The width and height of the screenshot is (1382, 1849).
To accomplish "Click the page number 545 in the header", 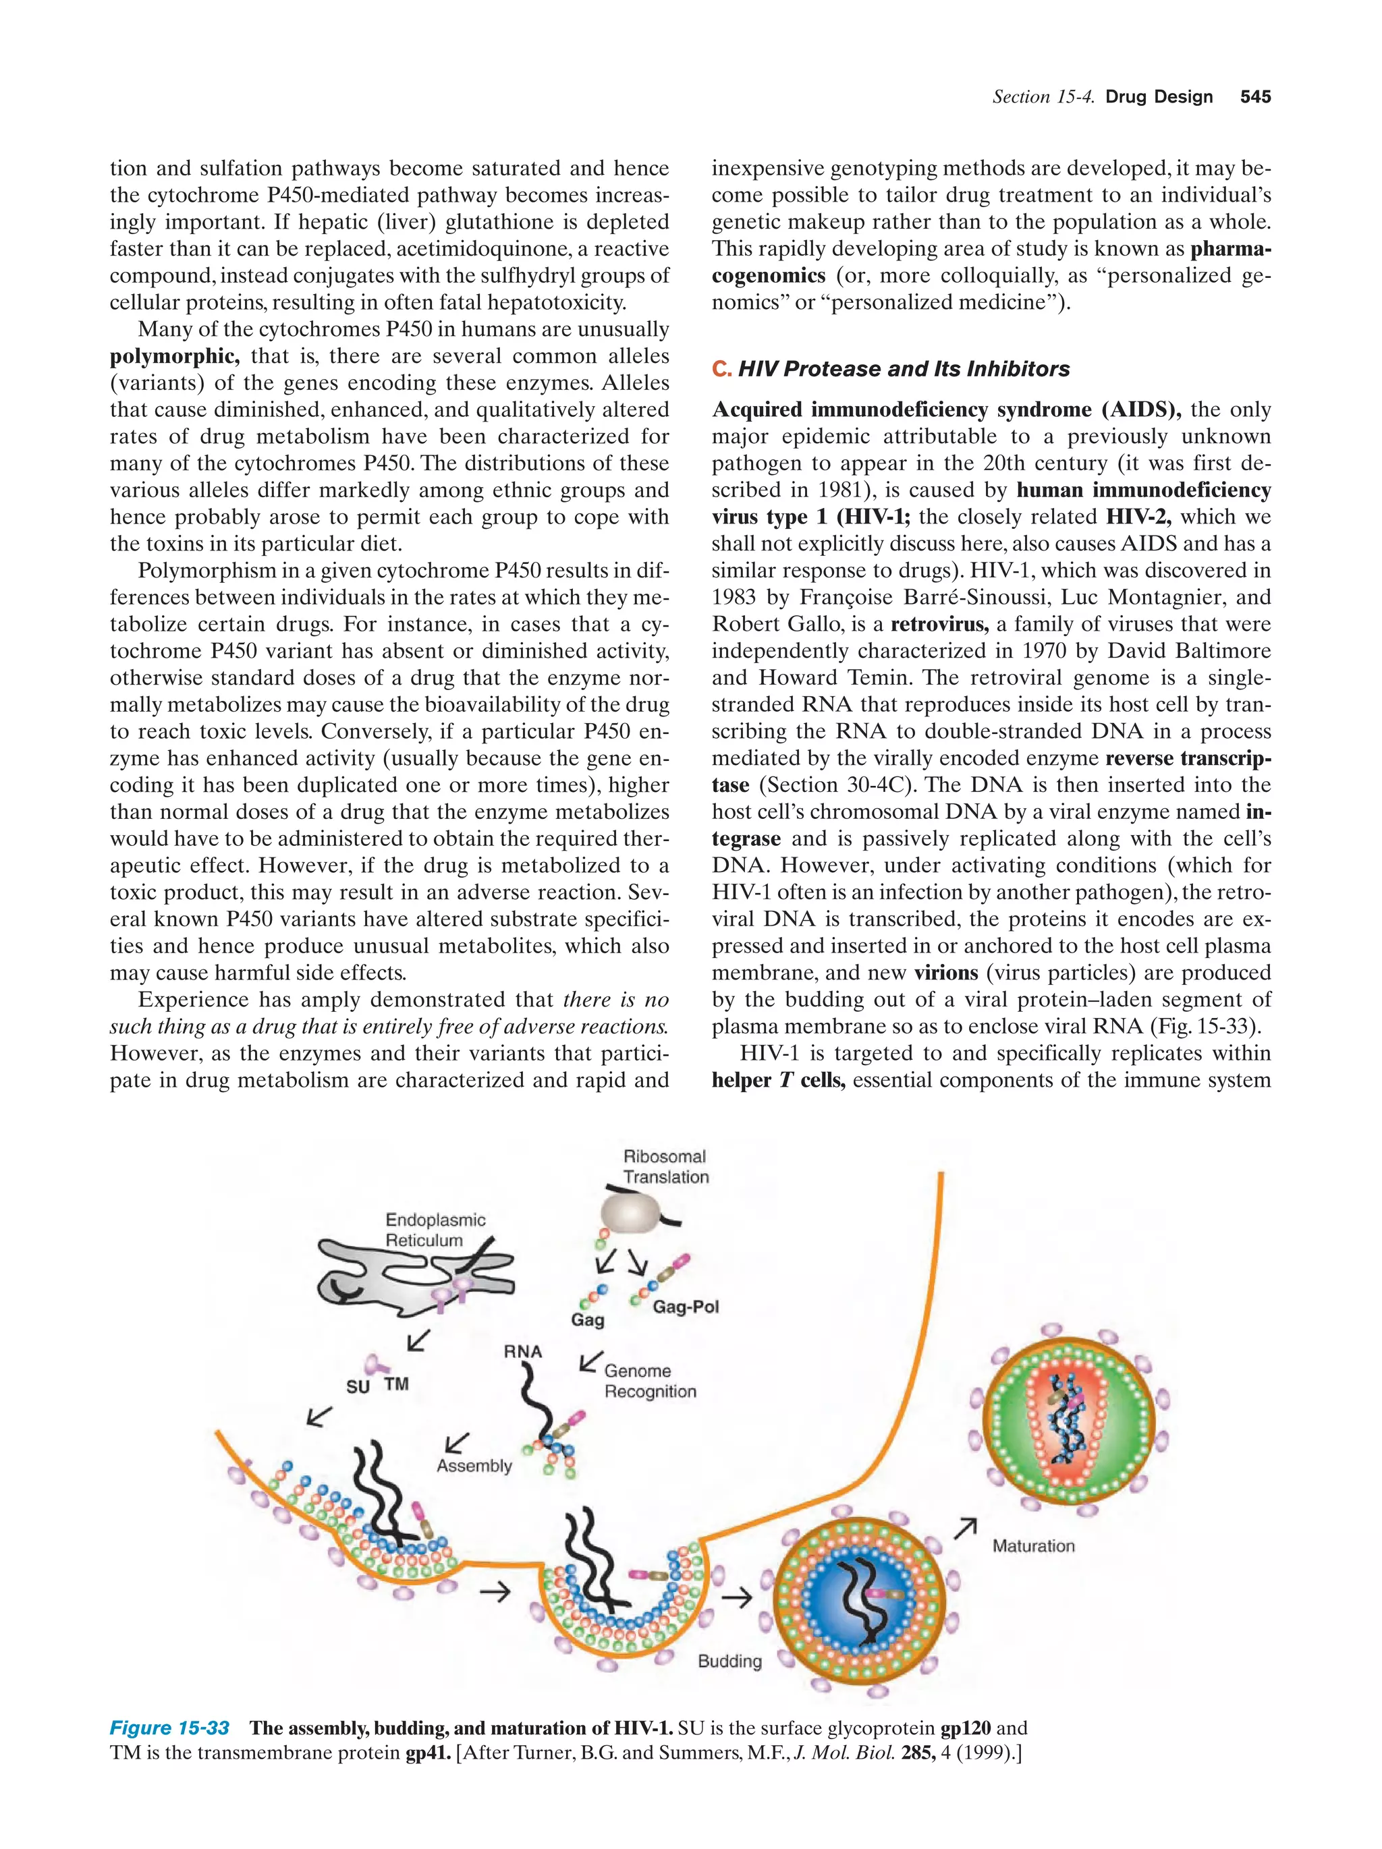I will pos(1255,97).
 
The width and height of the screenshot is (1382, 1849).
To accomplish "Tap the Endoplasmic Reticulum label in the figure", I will pos(434,1230).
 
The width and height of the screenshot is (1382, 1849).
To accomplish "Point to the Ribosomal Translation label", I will pos(665,1166).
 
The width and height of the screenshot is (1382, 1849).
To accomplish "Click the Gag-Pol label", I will pos(686,1307).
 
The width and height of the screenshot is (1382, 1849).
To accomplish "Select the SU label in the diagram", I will pos(358,1387).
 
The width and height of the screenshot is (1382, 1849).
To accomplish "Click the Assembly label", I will pos(473,1465).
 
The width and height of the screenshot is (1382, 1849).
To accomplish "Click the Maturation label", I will pos(1033,1545).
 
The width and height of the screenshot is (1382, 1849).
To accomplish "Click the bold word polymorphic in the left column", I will pos(174,356).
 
